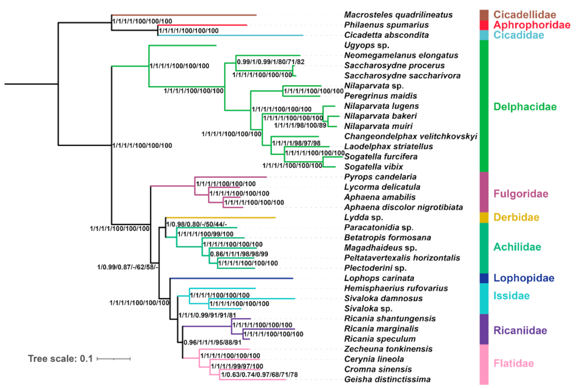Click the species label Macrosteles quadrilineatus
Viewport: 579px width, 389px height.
pyautogui.click(x=398, y=15)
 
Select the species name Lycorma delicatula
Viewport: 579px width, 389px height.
pyautogui.click(x=382, y=187)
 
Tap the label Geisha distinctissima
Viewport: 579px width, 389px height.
pyautogui.click(x=387, y=379)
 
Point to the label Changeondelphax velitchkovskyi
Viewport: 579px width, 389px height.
pyautogui.click(x=410, y=136)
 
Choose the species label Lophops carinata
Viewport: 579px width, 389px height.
pyautogui.click(x=379, y=278)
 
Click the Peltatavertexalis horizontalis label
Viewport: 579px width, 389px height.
pyautogui.click(x=402, y=258)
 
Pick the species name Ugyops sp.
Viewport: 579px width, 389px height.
pyautogui.click(x=366, y=45)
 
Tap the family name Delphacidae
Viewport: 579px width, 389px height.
pyautogui.click(x=525, y=106)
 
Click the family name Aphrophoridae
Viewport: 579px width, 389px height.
pyautogui.click(x=532, y=25)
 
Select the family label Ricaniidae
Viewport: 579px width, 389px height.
pyautogui.click(x=520, y=330)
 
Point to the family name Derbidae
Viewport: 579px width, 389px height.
pyautogui.click(x=516, y=217)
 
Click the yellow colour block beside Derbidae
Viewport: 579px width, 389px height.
pyautogui.click(x=484, y=217)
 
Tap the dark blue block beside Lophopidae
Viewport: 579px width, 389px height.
pyautogui.click(x=484, y=278)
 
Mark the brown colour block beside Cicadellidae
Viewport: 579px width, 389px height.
pyautogui.click(x=484, y=15)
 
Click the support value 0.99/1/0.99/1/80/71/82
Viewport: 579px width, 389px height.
pyautogui.click(x=270, y=62)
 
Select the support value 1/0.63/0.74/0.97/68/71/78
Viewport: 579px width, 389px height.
pyautogui.click(x=259, y=375)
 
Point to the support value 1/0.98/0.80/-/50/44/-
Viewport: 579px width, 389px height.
pyautogui.click(x=197, y=224)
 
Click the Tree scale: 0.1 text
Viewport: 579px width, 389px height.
pyautogui.click(x=60, y=358)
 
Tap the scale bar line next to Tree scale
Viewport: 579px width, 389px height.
pyautogui.click(x=114, y=359)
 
